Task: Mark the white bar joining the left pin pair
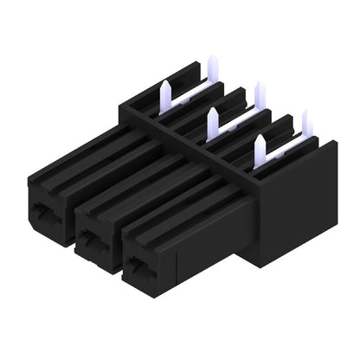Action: [x=192, y=90]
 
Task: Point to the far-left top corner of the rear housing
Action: [x=120, y=105]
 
